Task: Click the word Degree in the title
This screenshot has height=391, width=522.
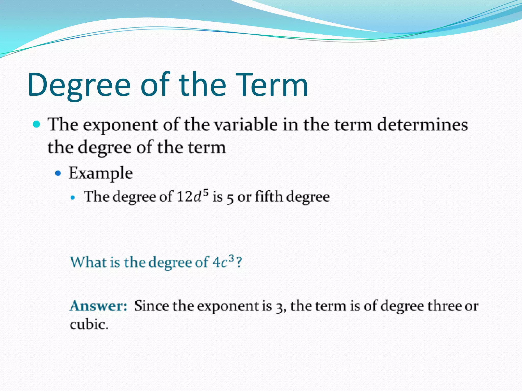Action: click(x=79, y=85)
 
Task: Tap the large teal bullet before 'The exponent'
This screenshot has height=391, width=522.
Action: click(x=37, y=124)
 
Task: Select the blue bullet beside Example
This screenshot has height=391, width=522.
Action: click(x=58, y=173)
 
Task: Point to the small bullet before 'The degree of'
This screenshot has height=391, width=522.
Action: click(x=73, y=198)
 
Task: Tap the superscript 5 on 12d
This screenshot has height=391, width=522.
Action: click(x=205, y=192)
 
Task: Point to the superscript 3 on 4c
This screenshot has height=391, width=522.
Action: click(x=231, y=258)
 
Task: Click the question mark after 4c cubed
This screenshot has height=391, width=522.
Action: click(x=239, y=262)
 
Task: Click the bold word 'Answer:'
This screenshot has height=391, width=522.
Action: click(x=98, y=306)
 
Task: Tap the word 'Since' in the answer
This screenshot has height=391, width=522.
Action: click(x=151, y=306)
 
